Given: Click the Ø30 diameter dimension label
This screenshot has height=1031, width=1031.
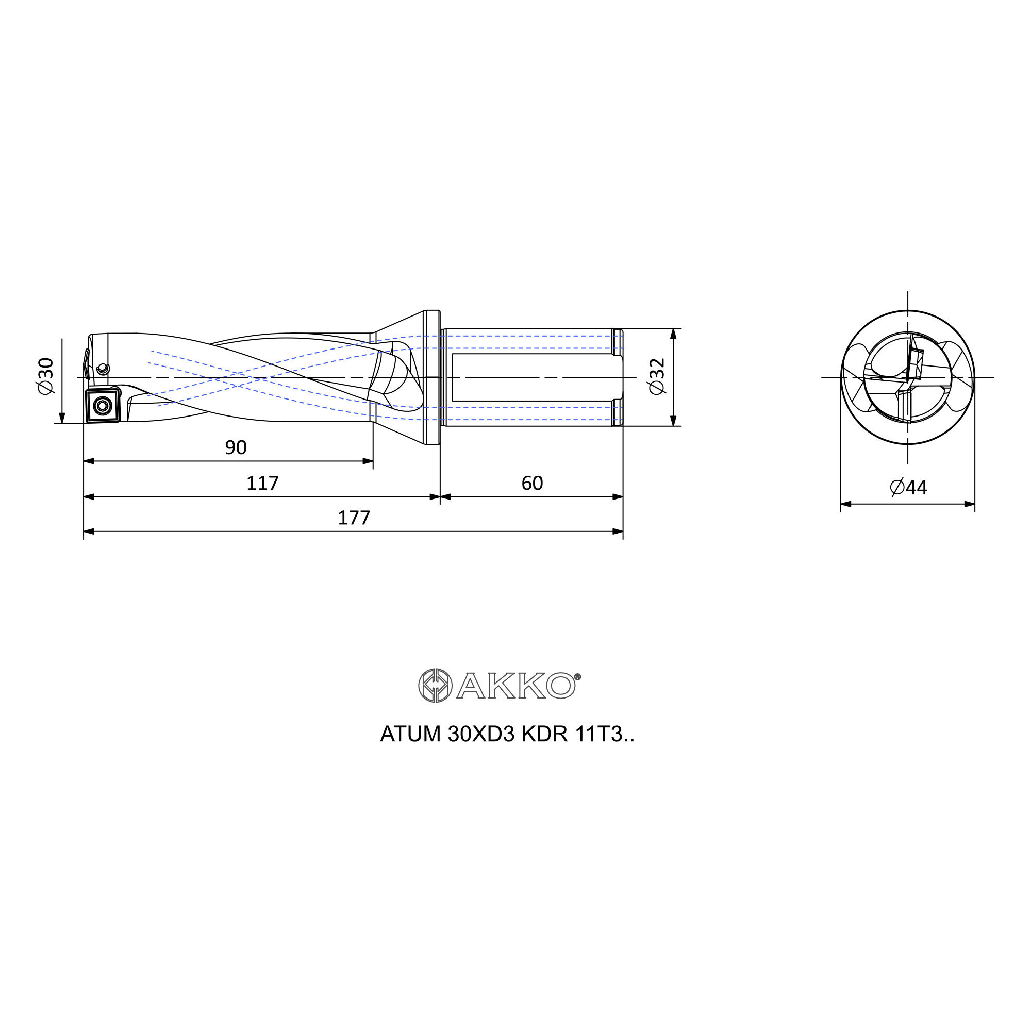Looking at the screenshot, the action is click(46, 376).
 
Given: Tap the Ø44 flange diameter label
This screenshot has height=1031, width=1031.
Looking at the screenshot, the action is click(909, 487).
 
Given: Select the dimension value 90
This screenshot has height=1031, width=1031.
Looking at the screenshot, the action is click(236, 447).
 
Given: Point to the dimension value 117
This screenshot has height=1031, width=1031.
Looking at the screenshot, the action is click(262, 483).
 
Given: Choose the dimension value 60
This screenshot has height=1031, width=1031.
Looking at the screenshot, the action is click(532, 483).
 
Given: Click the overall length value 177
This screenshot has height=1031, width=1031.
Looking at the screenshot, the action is click(354, 518).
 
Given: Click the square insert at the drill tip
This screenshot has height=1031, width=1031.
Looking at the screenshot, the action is click(102, 406).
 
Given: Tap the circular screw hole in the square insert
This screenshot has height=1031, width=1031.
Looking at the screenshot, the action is click(102, 406).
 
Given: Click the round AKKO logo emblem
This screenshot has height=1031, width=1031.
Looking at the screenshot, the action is click(435, 685).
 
